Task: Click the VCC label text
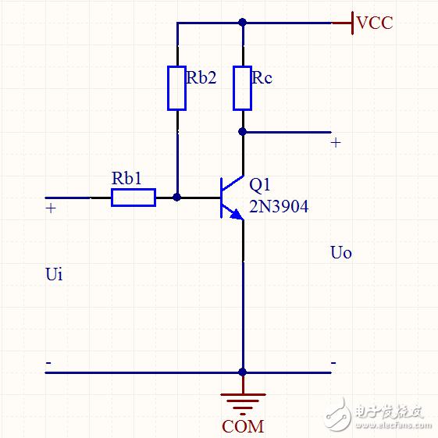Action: pyautogui.click(x=375, y=23)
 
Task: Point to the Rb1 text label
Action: pyautogui.click(x=126, y=178)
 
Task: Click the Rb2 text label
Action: pyautogui.click(x=201, y=77)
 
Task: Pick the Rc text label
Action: pyautogui.click(x=262, y=77)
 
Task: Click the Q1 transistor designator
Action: pyautogui.click(x=259, y=184)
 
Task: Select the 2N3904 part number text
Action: pyautogui.click(x=279, y=207)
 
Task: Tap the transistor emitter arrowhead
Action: pyautogui.click(x=237, y=215)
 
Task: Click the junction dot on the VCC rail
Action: pyautogui.click(x=243, y=23)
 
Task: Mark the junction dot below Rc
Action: pyautogui.click(x=243, y=132)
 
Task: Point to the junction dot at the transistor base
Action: pyautogui.click(x=176, y=198)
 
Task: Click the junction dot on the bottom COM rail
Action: pyautogui.click(x=243, y=372)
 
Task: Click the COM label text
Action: pyautogui.click(x=243, y=426)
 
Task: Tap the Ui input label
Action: pyautogui.click(x=54, y=274)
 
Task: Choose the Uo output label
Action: pyautogui.click(x=340, y=253)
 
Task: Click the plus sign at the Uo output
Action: pyautogui.click(x=336, y=143)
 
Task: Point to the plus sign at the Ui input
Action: pyautogui.click(x=51, y=208)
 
